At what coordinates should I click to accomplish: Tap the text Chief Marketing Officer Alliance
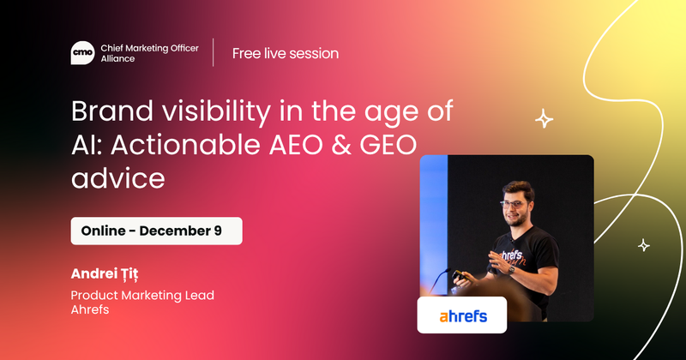[x=148, y=53]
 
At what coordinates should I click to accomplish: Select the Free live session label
[x=285, y=53]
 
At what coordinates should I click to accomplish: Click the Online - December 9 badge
[x=156, y=231]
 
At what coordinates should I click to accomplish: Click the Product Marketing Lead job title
[x=142, y=296]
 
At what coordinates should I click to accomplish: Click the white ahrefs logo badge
[x=462, y=315]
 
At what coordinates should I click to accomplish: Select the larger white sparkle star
[x=544, y=119]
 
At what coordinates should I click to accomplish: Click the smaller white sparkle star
[x=643, y=246]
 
